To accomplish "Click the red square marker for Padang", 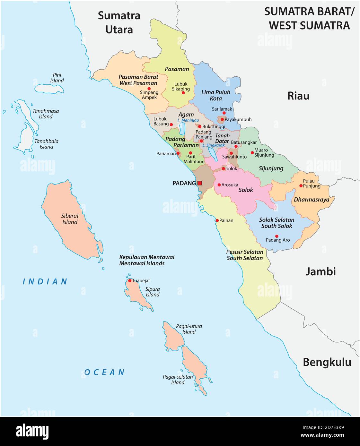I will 200,183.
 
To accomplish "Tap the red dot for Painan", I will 217,220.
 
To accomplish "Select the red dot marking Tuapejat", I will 130,280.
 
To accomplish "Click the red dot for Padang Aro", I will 277,236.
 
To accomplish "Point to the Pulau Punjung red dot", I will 301,185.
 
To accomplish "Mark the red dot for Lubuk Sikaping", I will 183,93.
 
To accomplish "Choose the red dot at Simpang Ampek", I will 149,89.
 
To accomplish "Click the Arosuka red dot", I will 219,185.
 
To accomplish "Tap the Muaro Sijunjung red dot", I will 252,153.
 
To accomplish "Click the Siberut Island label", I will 70,219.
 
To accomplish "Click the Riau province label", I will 298,96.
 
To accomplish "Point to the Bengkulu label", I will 327,362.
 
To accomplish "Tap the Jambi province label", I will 320,271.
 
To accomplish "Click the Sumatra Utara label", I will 119,22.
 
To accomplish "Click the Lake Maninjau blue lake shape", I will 182,128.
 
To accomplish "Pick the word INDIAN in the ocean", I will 45,282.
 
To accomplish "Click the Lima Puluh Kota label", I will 216,95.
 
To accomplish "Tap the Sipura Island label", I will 153,292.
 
